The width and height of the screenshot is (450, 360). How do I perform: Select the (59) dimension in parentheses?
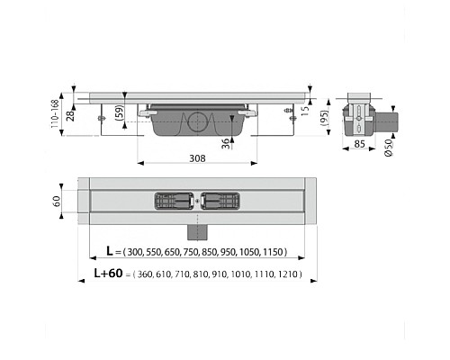pyautogui.click(x=120, y=113)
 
